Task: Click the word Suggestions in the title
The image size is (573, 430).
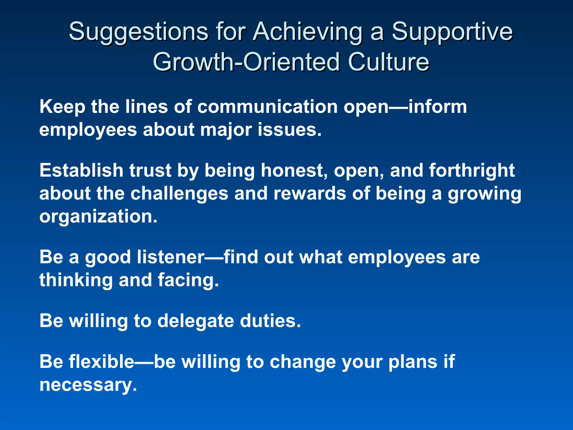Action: pyautogui.click(x=138, y=32)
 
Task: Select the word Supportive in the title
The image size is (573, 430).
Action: pyautogui.click(x=452, y=32)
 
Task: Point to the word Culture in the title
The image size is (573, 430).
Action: pyautogui.click(x=388, y=62)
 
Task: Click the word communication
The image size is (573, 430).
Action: pyautogui.click(x=267, y=107)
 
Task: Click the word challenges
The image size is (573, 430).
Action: pyautogui.click(x=179, y=193)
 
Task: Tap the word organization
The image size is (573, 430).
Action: pyautogui.click(x=98, y=216)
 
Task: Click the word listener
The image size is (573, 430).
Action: pyautogui.click(x=171, y=257)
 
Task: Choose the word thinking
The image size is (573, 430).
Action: pyautogui.click(x=76, y=280)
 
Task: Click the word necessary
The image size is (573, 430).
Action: pyautogui.click(x=88, y=385)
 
